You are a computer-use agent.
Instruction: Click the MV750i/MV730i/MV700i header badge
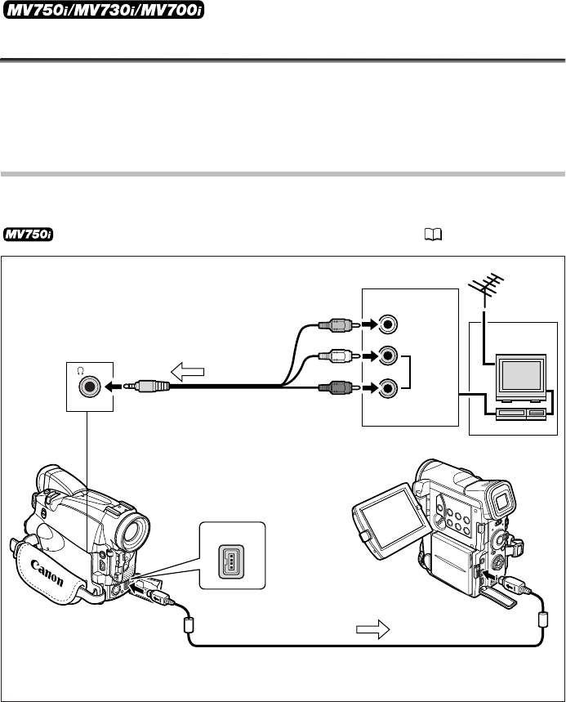pos(104,11)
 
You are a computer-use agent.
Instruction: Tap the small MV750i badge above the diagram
pos(29,235)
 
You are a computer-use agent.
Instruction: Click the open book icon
pos(433,235)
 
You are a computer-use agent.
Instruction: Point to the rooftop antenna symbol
pos(486,288)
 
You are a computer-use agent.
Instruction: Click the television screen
pos(521,375)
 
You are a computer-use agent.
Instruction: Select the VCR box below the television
pos(520,414)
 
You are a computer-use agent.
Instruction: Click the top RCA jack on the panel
pos(387,324)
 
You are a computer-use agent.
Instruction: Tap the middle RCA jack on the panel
pos(387,355)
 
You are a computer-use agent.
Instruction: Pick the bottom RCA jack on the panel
pos(387,387)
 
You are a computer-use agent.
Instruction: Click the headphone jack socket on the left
pos(90,386)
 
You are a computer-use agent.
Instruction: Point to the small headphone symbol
pos(80,370)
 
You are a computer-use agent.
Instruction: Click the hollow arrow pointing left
pos(188,372)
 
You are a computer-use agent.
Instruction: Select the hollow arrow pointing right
pos(372,629)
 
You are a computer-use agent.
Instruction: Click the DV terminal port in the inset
pos(231,561)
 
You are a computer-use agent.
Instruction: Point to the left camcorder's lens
pos(132,531)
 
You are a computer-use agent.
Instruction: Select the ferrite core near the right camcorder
pos(542,619)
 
